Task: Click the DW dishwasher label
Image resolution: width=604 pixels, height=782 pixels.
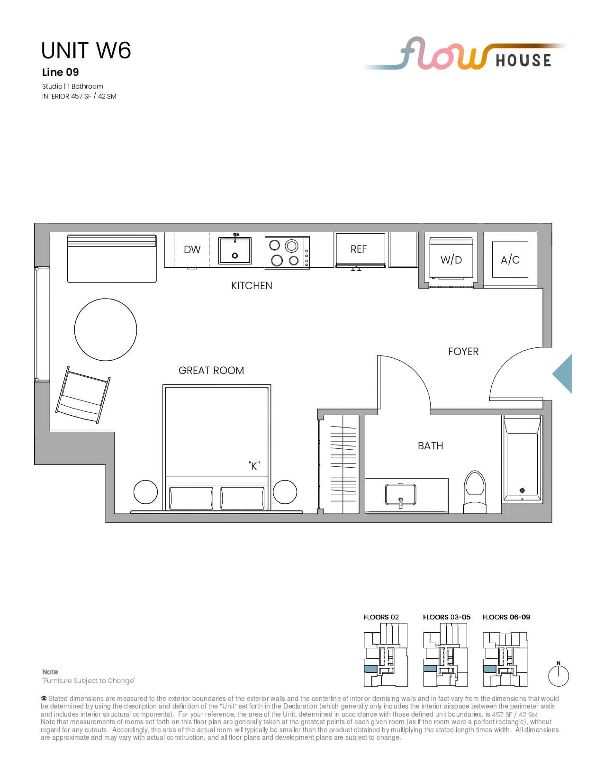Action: (192, 249)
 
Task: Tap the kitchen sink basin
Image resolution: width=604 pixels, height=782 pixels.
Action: (235, 250)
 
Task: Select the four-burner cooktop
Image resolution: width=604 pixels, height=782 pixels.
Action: (287, 253)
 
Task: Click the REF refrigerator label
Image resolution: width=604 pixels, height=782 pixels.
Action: (358, 249)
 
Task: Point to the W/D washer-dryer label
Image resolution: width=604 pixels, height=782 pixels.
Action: (451, 260)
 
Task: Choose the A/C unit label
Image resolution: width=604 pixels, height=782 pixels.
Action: (510, 260)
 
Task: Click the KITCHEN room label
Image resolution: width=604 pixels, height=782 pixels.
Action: (252, 286)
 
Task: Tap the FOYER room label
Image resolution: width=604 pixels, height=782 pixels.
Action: (463, 352)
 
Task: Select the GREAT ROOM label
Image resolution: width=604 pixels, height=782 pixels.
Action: (211, 370)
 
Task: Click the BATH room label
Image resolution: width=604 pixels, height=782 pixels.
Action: (430, 446)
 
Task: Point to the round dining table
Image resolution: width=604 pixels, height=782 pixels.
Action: (106, 329)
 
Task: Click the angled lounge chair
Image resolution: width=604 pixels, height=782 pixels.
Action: (83, 395)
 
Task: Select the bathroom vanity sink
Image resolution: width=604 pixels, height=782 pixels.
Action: (400, 494)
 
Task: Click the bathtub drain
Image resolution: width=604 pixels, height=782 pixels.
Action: (522, 490)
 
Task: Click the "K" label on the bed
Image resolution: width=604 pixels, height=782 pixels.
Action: (254, 466)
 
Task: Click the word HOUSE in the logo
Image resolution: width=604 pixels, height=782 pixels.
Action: (523, 61)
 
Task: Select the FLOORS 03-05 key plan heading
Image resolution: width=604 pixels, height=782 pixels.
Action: (446, 617)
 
